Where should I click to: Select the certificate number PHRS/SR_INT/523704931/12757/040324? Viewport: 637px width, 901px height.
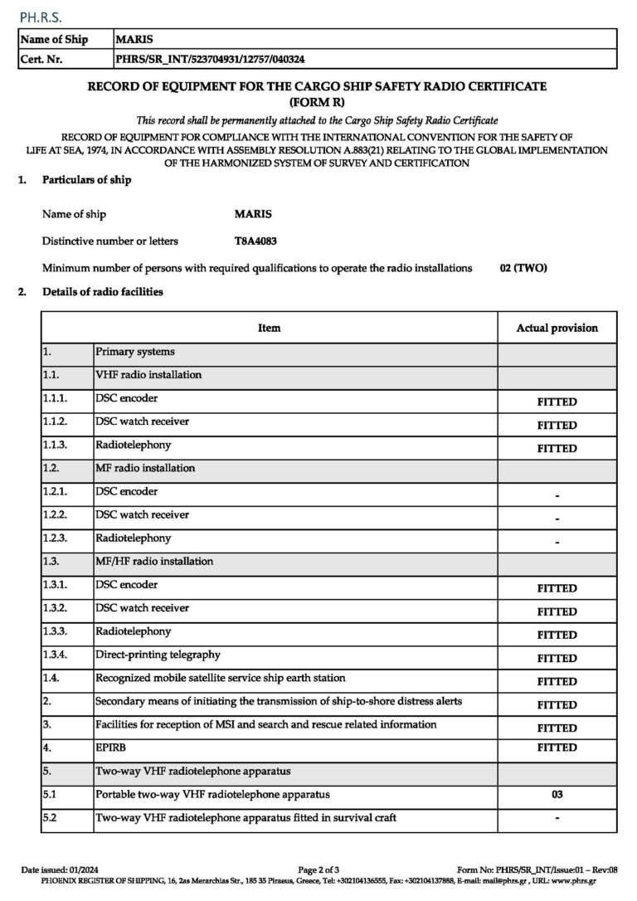[x=214, y=59]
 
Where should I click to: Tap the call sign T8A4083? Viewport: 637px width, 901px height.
[x=256, y=241]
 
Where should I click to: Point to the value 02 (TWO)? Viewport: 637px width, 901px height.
[x=523, y=268]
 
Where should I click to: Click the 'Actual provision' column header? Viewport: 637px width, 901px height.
[x=557, y=328]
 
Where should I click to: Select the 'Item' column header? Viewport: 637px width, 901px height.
[x=270, y=328]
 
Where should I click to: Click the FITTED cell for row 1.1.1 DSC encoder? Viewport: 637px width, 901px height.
[x=557, y=402]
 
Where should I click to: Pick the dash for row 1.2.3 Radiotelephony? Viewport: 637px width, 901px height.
[x=557, y=542]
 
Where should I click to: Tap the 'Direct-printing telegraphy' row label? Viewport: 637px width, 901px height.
[x=158, y=655]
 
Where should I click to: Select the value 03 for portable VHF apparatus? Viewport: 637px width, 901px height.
[x=557, y=795]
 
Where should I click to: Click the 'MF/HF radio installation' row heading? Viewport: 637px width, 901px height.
[x=154, y=561]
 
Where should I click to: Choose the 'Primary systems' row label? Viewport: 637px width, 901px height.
[x=134, y=352]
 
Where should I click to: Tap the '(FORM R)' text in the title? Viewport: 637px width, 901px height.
[x=318, y=101]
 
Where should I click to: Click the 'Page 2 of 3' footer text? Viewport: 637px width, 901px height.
[x=318, y=869]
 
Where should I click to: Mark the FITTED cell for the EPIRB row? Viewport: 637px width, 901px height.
[x=557, y=748]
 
